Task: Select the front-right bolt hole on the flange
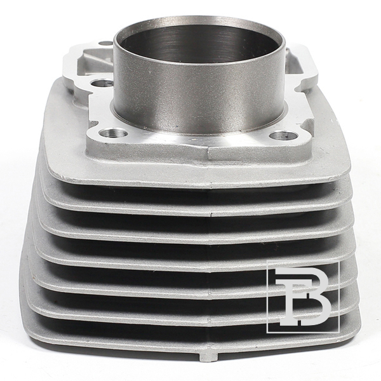(284, 135)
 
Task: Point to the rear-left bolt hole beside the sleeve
(100, 84)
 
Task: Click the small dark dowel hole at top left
(105, 43)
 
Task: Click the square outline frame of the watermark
(267, 297)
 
